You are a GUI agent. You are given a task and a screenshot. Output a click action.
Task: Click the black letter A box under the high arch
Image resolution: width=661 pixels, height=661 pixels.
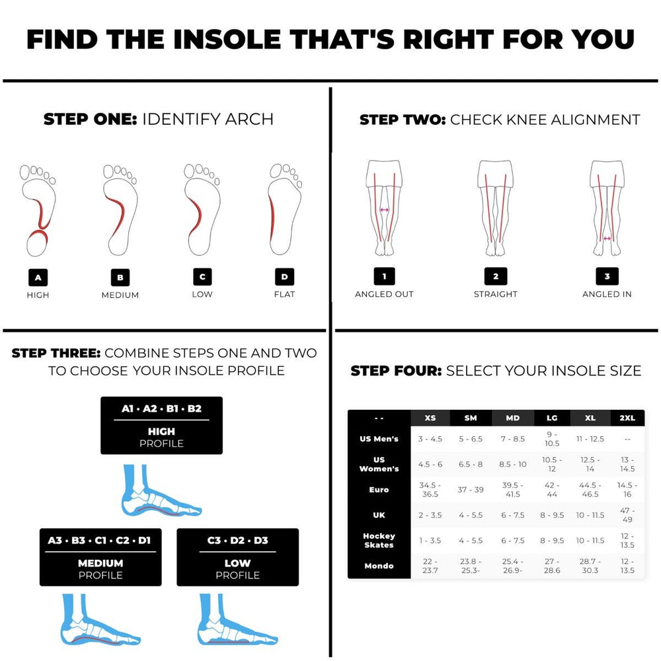38,278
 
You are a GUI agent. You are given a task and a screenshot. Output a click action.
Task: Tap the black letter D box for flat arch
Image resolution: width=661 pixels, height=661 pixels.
284,277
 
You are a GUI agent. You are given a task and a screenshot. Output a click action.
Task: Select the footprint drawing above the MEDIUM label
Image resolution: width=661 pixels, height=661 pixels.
120,210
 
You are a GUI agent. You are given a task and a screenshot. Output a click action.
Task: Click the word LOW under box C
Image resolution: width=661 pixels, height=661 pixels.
202,294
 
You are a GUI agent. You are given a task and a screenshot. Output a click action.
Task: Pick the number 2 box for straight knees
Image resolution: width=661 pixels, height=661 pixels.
496,276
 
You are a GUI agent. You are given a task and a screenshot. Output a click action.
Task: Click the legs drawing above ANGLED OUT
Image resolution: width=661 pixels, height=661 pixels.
384,208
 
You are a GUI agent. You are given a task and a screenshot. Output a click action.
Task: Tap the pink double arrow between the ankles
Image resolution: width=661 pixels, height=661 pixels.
607,239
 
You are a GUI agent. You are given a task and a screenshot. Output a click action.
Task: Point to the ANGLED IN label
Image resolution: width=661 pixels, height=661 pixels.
607,294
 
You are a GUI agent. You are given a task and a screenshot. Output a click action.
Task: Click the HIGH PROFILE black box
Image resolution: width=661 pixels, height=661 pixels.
161,425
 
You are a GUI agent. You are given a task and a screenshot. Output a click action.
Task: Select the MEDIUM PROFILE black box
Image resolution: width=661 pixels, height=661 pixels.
100,557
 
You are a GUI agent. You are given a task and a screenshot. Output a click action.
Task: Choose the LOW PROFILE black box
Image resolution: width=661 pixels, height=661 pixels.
238,557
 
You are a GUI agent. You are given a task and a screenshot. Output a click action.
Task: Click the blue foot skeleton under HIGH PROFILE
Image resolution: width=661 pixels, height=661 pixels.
161,490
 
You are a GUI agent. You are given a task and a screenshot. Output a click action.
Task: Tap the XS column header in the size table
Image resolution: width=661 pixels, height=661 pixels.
430,418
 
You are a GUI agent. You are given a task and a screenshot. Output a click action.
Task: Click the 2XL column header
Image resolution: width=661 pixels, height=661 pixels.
627,418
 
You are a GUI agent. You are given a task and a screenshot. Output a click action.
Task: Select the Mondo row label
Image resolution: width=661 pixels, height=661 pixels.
379,566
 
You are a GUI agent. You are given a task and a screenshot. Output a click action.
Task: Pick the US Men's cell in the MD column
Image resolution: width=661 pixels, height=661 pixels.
513,439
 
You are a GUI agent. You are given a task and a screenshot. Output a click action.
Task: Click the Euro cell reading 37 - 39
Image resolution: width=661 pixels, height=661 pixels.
471,489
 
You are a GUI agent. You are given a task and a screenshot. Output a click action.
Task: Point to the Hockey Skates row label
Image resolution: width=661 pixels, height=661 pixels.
379,540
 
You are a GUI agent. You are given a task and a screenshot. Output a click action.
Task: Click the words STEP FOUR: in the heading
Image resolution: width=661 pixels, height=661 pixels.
396,371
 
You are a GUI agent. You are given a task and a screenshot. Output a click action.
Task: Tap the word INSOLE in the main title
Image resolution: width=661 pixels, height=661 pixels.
227,39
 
